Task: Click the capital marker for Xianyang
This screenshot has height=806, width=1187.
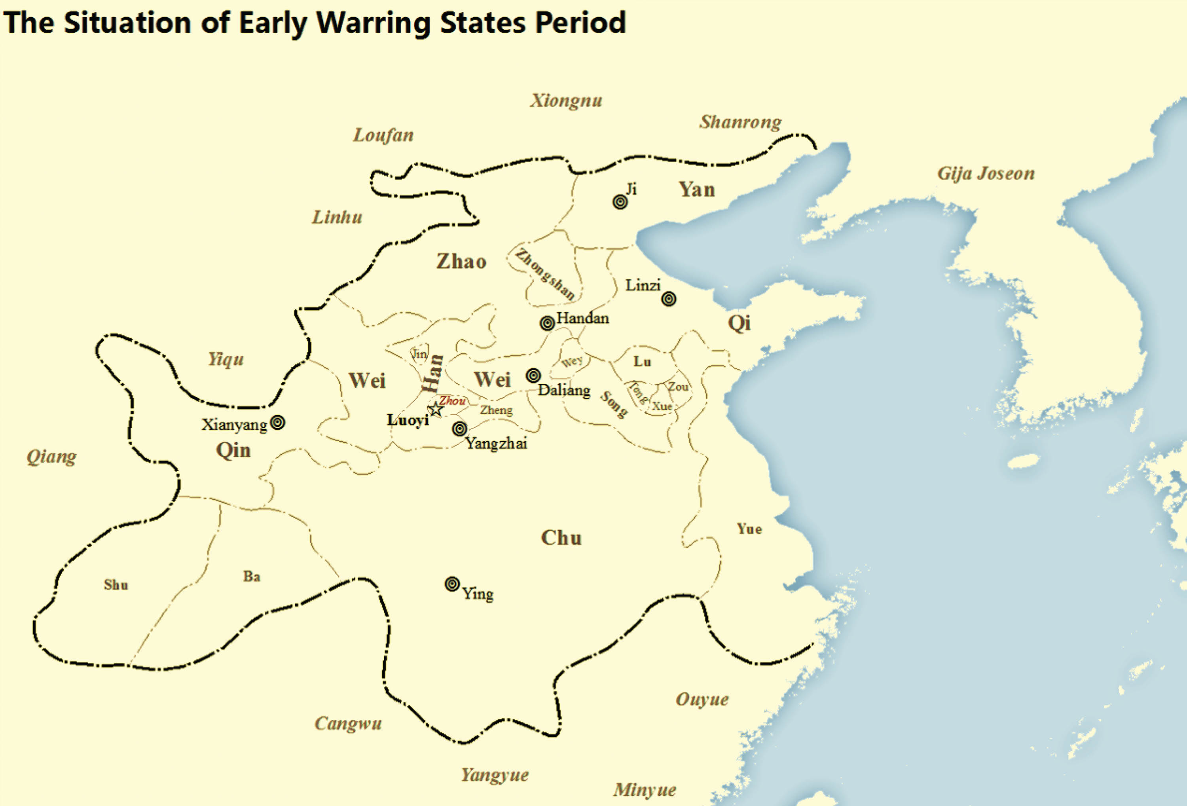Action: tap(277, 423)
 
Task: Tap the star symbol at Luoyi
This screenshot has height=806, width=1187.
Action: tap(435, 409)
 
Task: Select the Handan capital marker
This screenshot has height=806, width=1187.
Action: tap(547, 323)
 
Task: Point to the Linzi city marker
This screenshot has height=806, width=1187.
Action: tap(669, 299)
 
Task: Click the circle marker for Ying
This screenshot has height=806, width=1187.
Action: tap(452, 584)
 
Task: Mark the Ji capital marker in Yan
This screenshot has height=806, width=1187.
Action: tap(620, 202)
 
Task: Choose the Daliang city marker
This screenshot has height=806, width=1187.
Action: tap(533, 376)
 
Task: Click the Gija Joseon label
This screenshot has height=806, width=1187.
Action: tap(986, 174)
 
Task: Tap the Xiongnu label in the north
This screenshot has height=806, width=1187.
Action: tap(566, 101)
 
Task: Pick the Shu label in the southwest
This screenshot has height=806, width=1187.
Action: tap(116, 585)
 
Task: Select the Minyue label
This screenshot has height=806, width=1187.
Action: tap(645, 790)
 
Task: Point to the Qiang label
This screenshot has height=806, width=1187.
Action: tap(51, 457)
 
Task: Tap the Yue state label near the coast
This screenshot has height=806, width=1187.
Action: tap(749, 529)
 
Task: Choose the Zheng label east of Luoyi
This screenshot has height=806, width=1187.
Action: tap(496, 410)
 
